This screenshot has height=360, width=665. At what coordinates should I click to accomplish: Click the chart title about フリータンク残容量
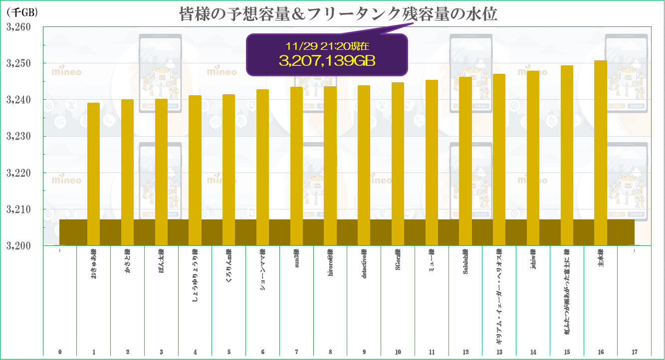point(338,14)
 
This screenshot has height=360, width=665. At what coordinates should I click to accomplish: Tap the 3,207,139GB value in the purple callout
point(327,60)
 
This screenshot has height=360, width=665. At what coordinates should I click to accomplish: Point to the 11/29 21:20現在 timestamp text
point(327,46)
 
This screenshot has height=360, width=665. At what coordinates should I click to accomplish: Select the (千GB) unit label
point(22,12)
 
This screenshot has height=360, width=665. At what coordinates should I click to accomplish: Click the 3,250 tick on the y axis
point(18,63)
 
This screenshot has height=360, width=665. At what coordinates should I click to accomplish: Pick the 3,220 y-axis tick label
point(18,173)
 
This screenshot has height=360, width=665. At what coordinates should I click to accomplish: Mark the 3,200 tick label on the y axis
point(18,246)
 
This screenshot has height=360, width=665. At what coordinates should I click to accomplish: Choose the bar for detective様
point(364,165)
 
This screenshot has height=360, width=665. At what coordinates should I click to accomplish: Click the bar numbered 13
point(499,159)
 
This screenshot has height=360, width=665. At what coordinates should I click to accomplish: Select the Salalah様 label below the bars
point(465,264)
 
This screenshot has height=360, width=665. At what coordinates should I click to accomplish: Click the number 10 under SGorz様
point(398,352)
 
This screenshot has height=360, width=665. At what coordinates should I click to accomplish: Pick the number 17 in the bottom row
point(635,352)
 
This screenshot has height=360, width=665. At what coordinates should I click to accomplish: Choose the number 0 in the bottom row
point(60,352)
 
